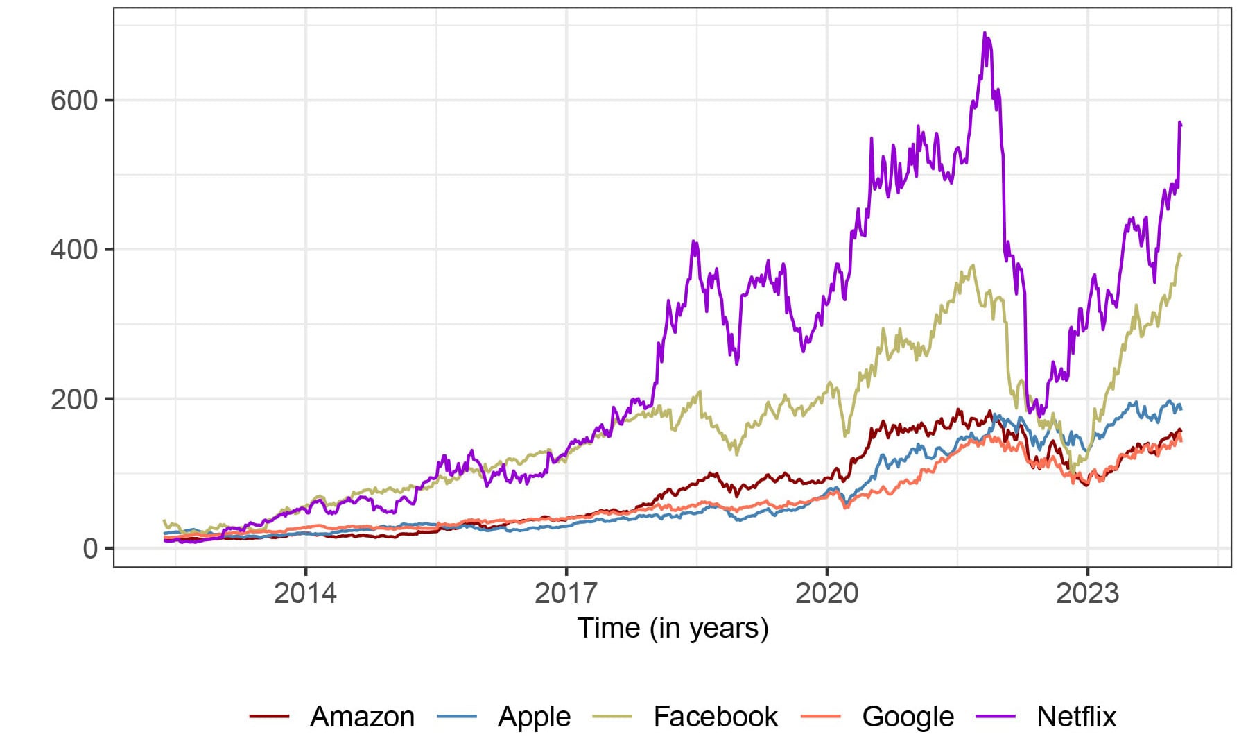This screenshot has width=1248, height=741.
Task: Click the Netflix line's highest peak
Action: [x=985, y=33]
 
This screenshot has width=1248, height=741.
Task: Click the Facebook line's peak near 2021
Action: [x=973, y=265]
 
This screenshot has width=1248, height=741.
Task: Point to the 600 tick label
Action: [x=74, y=101]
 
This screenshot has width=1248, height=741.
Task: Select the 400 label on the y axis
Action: [x=74, y=250]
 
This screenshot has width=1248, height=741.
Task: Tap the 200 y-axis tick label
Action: [x=74, y=400]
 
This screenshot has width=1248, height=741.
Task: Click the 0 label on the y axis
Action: [x=90, y=549]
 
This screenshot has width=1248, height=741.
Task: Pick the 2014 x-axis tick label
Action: [x=305, y=594]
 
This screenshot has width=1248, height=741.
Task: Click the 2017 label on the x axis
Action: [x=566, y=594]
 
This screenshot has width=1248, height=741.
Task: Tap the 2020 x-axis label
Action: [x=826, y=594]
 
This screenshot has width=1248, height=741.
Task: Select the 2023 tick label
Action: [x=1087, y=594]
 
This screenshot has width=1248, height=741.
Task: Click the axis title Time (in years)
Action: [x=673, y=629]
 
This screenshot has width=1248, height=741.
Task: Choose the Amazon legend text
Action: [x=362, y=717]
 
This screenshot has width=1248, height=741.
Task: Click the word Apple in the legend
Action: [x=534, y=717]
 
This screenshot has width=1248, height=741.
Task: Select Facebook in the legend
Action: [x=715, y=717]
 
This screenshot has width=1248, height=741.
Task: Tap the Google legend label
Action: [x=908, y=717]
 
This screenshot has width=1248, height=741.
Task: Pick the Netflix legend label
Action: [x=1076, y=717]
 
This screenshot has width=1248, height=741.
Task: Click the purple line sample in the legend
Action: [x=996, y=717]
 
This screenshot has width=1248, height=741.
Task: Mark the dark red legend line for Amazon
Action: [x=269, y=717]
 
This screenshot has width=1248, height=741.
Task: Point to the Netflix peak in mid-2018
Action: [x=694, y=242]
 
